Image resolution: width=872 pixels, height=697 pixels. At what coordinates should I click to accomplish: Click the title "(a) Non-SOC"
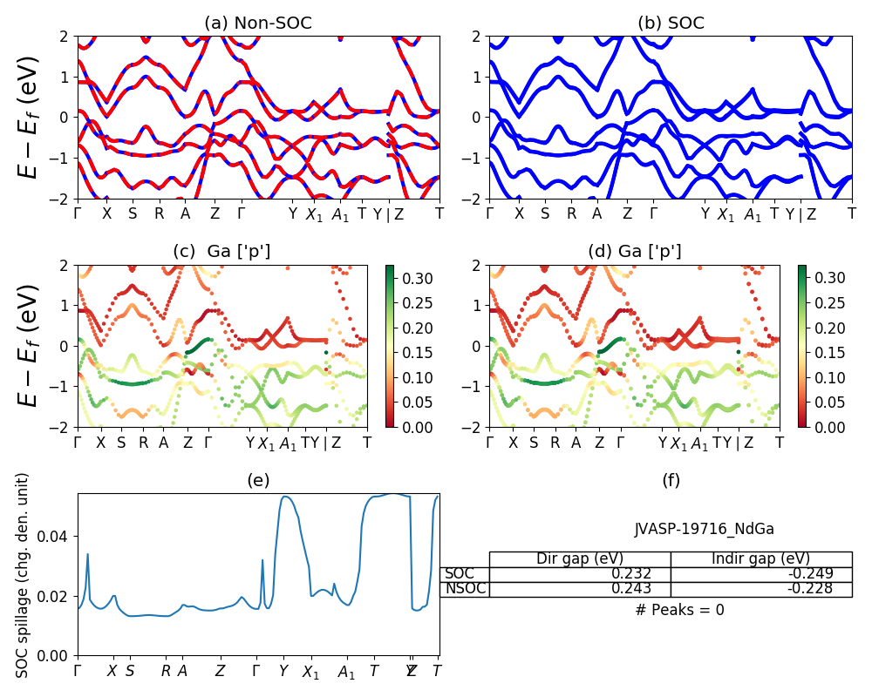point(258,24)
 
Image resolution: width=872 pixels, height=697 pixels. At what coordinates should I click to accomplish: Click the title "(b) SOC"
point(671,24)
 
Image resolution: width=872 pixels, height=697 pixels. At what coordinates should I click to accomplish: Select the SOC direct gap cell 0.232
point(582,574)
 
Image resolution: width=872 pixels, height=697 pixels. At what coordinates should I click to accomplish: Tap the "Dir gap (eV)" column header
point(582,558)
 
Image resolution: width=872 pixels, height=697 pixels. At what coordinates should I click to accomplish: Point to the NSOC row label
point(466,589)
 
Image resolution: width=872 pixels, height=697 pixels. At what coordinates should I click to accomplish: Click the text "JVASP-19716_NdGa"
point(704,529)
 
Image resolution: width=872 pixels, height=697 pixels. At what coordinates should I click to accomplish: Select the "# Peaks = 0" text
point(679,610)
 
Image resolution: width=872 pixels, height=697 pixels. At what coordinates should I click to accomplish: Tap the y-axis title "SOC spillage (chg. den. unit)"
point(24,575)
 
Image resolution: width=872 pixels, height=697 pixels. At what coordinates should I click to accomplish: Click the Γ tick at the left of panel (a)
point(78,213)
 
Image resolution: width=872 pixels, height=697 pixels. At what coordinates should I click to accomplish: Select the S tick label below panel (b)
point(545,213)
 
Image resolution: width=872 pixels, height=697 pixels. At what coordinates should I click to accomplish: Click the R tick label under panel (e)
point(166,671)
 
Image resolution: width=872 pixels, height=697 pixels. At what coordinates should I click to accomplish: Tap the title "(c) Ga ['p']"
point(221,252)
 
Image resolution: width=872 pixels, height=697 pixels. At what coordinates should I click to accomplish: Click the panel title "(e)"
point(258,480)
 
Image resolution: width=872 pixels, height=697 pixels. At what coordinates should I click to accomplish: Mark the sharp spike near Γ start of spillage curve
point(88,554)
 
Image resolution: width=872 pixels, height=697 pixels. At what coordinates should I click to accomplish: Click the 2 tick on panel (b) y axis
point(479,37)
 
